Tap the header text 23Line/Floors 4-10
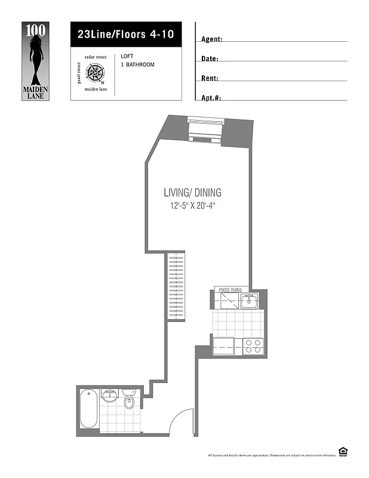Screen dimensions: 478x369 pos(125,34)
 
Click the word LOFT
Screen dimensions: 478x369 pos(127,56)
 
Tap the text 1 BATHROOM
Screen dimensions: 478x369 pos(137,65)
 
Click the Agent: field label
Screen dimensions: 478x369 pos(212,39)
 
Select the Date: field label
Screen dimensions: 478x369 pos(210,59)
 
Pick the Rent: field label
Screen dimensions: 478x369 pos(210,78)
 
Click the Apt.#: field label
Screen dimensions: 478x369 pos(211,98)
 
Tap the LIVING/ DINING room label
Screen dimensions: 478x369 pos(192,192)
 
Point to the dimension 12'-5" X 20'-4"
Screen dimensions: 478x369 pos(192,206)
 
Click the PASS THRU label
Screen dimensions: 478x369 pos(230,290)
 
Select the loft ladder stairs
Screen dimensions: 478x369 pos(177,286)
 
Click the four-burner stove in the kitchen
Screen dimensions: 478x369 pos(253,347)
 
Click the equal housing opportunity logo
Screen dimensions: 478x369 pos(343,452)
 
